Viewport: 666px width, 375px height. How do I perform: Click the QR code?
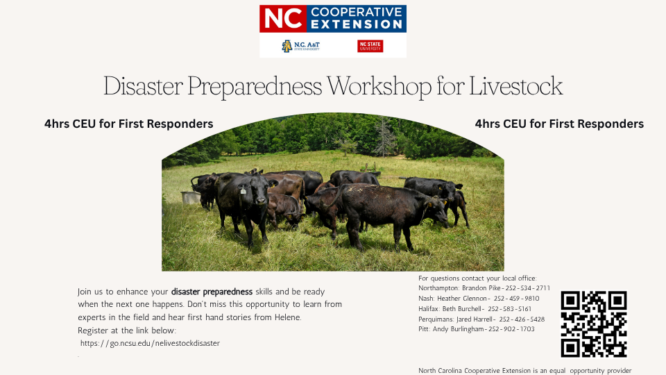pyautogui.click(x=594, y=324)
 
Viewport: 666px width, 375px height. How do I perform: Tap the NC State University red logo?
pyautogui.click(x=370, y=46)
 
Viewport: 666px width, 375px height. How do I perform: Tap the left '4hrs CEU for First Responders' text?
pyautogui.click(x=128, y=124)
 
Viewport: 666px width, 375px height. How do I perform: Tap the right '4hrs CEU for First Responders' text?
pyautogui.click(x=559, y=124)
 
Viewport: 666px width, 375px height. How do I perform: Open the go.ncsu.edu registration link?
pyautogui.click(x=150, y=343)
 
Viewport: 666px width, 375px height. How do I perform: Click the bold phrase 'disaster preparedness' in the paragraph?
pyautogui.click(x=212, y=292)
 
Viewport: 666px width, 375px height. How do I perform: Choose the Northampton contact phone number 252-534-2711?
pyautogui.click(x=527, y=287)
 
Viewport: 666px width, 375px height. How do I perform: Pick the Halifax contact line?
pyautogui.click(x=475, y=308)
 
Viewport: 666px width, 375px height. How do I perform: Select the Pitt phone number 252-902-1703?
pyautogui.click(x=511, y=329)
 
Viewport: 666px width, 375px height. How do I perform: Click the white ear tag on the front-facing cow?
pyautogui.click(x=244, y=189)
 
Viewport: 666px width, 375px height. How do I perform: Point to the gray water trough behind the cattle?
pyautogui.click(x=191, y=197)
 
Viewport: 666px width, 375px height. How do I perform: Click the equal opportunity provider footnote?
pyautogui.click(x=524, y=370)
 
